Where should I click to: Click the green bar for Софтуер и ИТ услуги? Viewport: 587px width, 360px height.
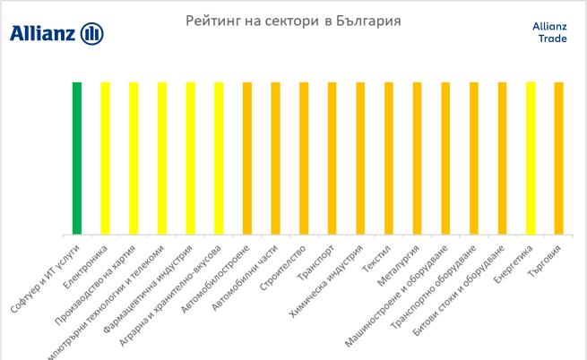tap(77, 159)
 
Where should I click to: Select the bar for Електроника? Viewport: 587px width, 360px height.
tap(105, 159)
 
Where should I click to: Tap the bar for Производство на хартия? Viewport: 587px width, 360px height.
tap(134, 159)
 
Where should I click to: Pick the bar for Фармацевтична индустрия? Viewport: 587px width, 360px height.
tap(190, 159)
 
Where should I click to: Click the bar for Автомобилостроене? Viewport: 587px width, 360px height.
tap(247, 159)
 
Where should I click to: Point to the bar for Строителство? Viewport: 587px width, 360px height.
tap(304, 159)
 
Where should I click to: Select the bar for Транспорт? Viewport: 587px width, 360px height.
tap(332, 159)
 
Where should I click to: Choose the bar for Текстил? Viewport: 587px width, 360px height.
tap(389, 159)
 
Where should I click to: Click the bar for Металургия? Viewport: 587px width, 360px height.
tap(417, 159)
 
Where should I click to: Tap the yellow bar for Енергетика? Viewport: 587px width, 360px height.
tap(531, 159)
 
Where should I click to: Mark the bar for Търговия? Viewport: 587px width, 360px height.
tap(559, 159)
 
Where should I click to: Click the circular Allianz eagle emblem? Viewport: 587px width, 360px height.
tap(92, 34)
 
